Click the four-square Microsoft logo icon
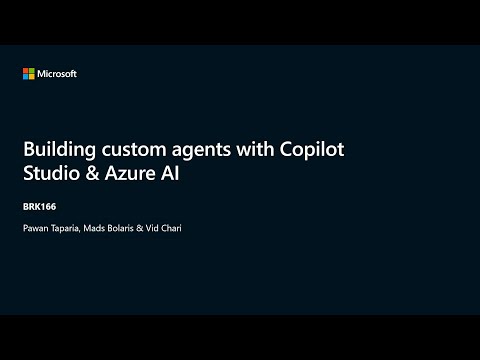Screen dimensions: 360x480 point(29,73)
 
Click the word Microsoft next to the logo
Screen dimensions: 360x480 point(57,73)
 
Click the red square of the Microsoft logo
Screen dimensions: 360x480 point(26,70)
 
